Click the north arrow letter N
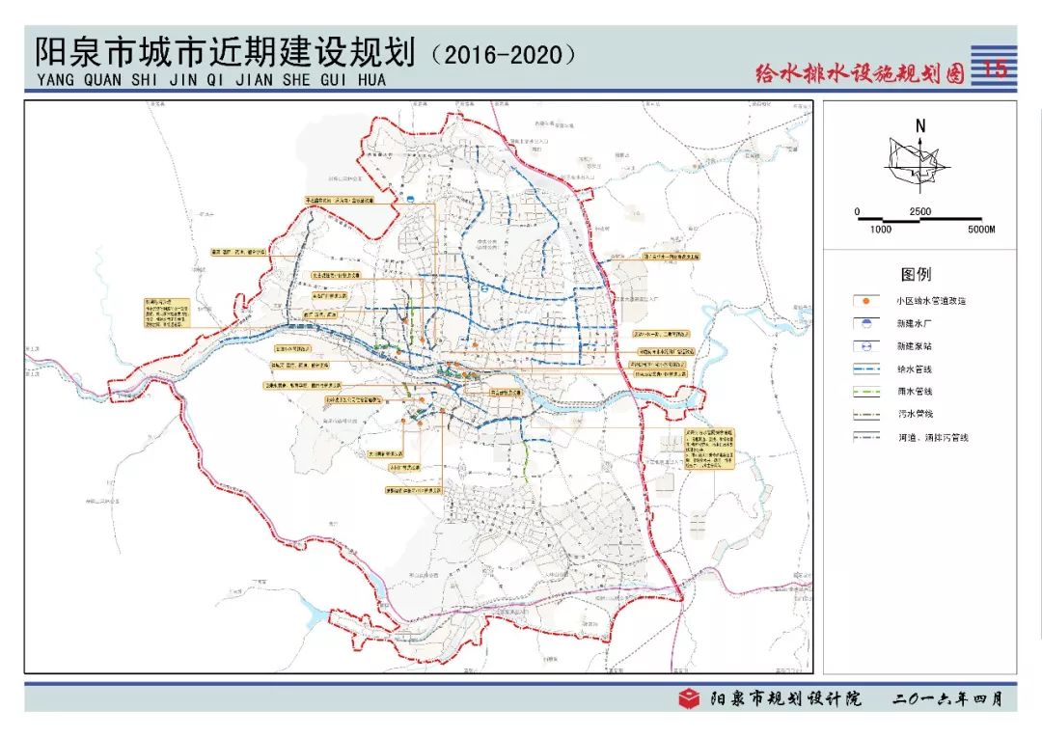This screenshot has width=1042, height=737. (920, 126)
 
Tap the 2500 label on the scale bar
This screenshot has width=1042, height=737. (919, 211)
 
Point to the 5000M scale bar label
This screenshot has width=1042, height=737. (980, 230)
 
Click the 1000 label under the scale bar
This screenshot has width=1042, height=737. (881, 230)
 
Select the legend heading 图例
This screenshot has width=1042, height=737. (916, 275)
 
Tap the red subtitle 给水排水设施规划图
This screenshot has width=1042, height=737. (860, 73)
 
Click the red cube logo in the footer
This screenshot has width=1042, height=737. (689, 698)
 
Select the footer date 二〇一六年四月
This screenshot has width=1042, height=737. (948, 698)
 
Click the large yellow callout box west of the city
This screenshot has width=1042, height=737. (165, 314)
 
